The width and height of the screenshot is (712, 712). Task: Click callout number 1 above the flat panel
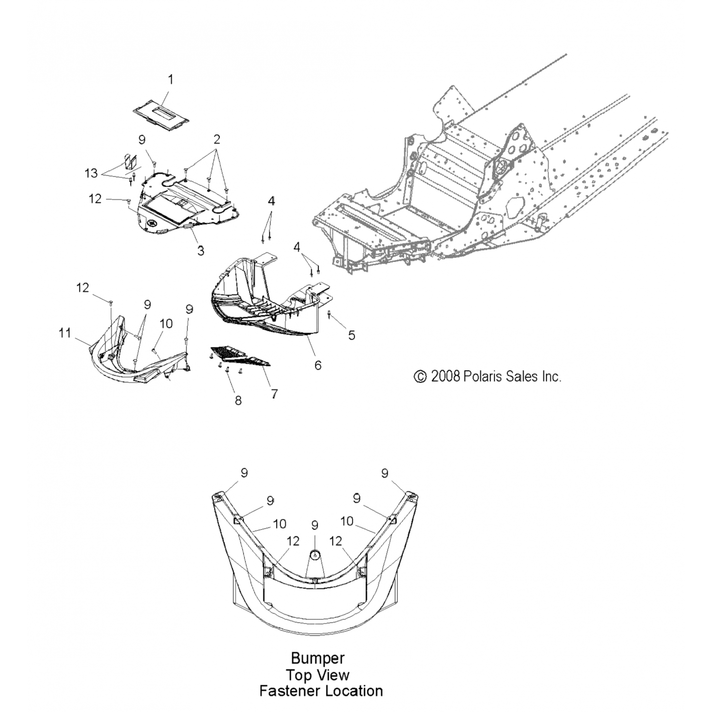pos(170,79)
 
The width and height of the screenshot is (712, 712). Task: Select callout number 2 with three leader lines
pos(216,140)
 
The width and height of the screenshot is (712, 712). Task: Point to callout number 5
pos(351,335)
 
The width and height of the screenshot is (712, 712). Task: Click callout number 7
pos(274,393)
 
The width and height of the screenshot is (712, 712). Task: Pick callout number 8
pos(238,400)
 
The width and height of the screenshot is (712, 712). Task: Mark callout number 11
pos(65,334)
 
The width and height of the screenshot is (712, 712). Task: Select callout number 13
pos(91,173)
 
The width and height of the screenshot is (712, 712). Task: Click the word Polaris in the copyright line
pos(484,376)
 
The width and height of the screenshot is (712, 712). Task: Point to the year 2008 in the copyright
pos(445,376)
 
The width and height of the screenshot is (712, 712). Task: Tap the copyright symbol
pos(420,377)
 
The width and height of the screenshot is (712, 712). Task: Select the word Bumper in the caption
pos(318,658)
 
